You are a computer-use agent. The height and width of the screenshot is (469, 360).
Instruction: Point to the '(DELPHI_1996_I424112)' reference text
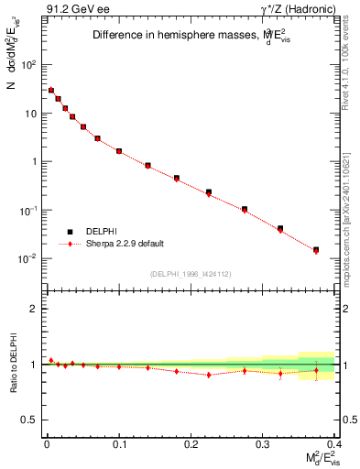[189, 274]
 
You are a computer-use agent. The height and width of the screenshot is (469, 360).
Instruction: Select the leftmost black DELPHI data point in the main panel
[51, 90]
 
